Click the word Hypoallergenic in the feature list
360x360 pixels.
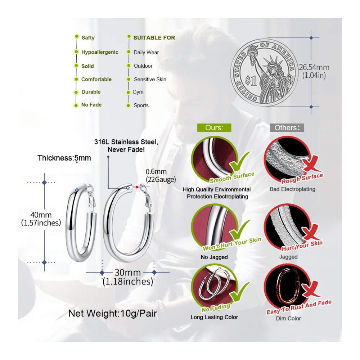pyautogui.click(x=100, y=52)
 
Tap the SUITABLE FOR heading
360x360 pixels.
pyautogui.click(x=154, y=38)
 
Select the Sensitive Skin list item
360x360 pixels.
pyautogui.click(x=150, y=80)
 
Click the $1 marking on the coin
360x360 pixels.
pyautogui.click(x=251, y=80)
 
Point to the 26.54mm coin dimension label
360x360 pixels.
pyautogui.click(x=314, y=67)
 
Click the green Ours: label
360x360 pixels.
pyautogui.click(x=214, y=128)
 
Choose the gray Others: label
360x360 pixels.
pyautogui.click(x=287, y=128)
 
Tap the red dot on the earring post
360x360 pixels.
pyautogui.click(x=137, y=187)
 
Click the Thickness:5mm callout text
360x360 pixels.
pyautogui.click(x=64, y=158)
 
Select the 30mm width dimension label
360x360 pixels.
pyautogui.click(x=128, y=273)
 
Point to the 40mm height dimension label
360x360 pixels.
pyautogui.click(x=41, y=215)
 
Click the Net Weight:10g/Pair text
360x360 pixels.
pyautogui.click(x=112, y=314)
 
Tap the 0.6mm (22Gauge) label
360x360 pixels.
pyautogui.click(x=161, y=175)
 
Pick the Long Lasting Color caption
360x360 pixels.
pyautogui.click(x=214, y=317)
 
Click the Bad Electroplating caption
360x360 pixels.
pyautogui.click(x=292, y=189)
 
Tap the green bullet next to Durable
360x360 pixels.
pyautogui.click(x=76, y=93)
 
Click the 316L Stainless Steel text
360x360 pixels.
pyautogui.click(x=126, y=142)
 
